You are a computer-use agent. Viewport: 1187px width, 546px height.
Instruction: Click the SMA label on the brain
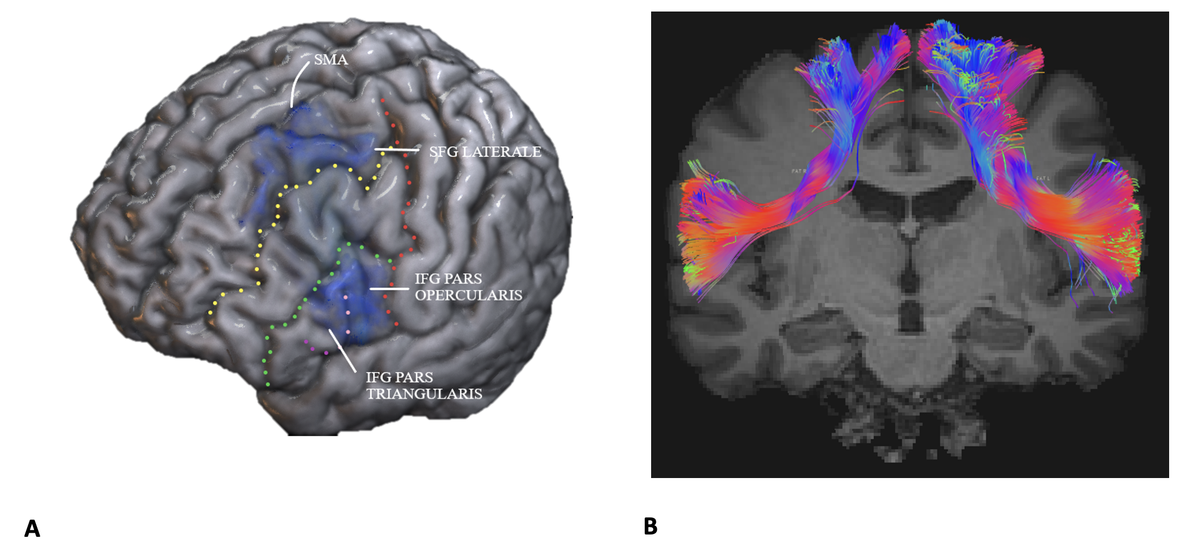click(x=331, y=59)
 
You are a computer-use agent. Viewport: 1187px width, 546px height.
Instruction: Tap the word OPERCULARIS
click(x=468, y=295)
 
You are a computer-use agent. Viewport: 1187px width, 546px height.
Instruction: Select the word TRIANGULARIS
click(x=424, y=394)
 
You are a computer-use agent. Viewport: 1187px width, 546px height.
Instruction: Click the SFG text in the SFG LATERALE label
click(x=443, y=152)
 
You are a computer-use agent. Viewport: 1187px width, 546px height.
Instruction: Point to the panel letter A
click(x=32, y=528)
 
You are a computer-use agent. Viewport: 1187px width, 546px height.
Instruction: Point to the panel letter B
click(x=651, y=526)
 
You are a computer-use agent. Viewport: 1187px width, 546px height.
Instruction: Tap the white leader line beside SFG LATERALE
click(x=397, y=150)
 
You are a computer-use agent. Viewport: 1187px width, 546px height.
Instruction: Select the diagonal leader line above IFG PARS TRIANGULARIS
click(x=342, y=350)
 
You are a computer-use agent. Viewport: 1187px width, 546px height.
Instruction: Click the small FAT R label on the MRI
click(x=799, y=171)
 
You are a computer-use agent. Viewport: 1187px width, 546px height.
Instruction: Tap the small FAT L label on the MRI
click(x=1042, y=179)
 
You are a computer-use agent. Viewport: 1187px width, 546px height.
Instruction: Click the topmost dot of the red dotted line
click(x=382, y=101)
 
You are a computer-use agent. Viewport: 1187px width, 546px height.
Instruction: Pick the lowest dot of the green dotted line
click(x=268, y=384)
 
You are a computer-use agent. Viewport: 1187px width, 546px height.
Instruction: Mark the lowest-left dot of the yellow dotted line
click(x=210, y=313)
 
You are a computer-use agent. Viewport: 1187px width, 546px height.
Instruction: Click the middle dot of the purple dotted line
click(x=313, y=348)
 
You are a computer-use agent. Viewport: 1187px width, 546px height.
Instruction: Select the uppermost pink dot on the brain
click(x=345, y=297)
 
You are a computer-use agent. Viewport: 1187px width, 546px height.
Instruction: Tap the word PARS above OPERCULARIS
click(x=463, y=279)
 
